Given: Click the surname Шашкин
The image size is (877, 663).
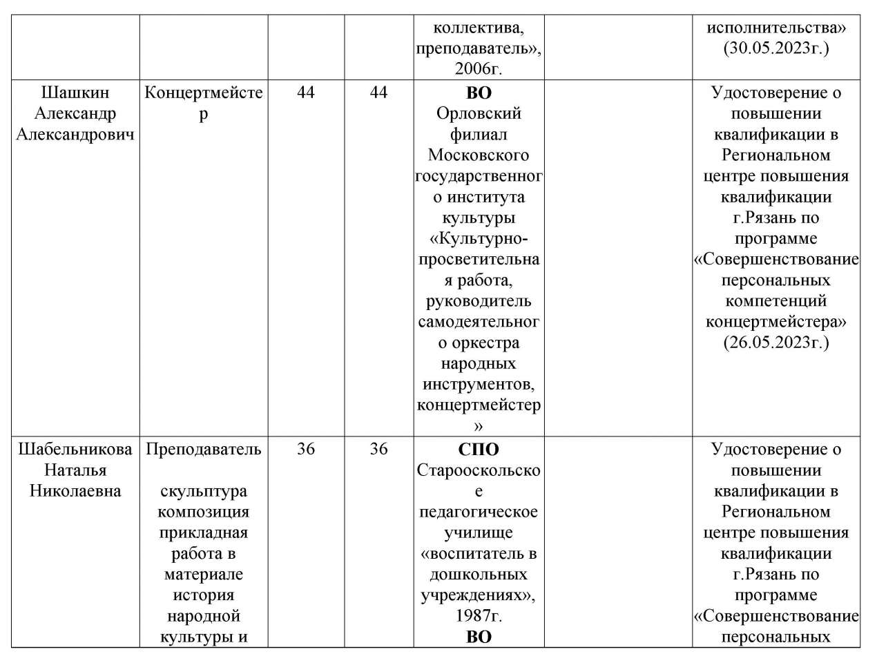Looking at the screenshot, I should [75, 93].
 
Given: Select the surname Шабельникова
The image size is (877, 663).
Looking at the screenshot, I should [75, 450].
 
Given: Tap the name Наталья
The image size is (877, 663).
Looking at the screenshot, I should [75, 470].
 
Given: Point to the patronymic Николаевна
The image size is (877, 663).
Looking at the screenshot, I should [75, 491].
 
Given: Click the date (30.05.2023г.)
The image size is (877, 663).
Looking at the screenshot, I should [776, 48].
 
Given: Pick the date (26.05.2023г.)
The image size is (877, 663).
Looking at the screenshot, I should [776, 343].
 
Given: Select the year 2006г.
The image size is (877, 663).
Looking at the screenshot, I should [479, 69].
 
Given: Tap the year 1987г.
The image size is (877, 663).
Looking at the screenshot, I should [479, 616].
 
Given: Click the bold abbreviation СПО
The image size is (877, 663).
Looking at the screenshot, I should [479, 450].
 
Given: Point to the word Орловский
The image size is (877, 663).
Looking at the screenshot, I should [479, 113].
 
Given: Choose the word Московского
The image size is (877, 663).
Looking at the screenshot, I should [479, 155].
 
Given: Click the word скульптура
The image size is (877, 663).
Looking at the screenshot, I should [204, 491].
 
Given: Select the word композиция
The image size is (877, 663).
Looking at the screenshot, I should [204, 512].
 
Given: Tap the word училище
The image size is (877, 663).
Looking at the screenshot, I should [479, 532].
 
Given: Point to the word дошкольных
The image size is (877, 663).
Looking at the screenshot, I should [479, 575].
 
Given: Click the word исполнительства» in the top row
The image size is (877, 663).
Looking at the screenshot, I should [776, 28].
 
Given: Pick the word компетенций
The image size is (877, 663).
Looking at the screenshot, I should [776, 301].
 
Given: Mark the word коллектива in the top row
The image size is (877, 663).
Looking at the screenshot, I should [479, 28].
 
